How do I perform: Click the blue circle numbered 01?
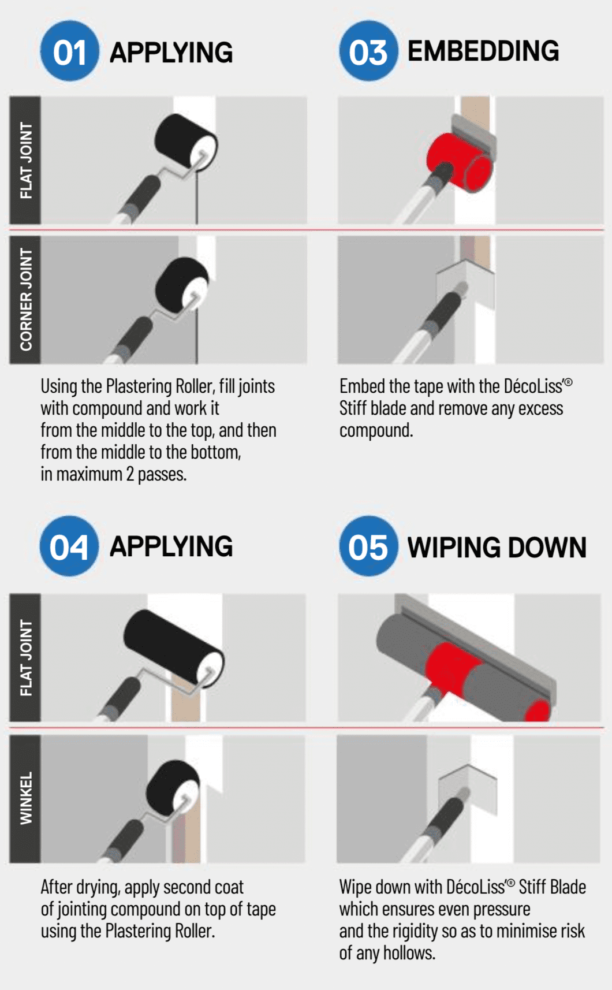[x=69, y=51]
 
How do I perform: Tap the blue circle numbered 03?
[x=368, y=51]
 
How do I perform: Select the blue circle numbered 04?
[x=69, y=546]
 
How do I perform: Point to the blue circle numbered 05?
[x=368, y=546]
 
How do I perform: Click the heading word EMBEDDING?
[x=483, y=51]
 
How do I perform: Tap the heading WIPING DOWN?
[x=497, y=548]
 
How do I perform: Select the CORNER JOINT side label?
[x=25, y=300]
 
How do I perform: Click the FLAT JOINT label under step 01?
[x=25, y=161]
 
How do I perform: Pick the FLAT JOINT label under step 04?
[x=25, y=657]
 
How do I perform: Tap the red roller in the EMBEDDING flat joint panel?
[x=458, y=162]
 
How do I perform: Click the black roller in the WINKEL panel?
[x=173, y=790]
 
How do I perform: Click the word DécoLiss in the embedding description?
[x=536, y=386]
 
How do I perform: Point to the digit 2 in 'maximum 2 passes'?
[x=130, y=474]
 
